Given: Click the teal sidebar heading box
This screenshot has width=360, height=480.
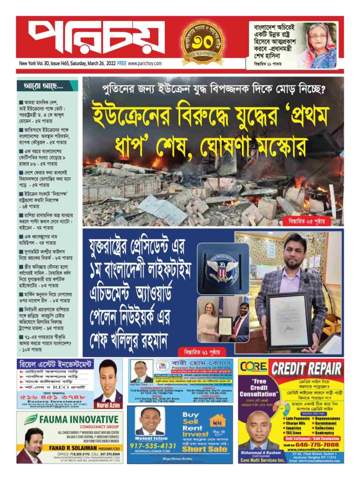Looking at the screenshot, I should tap(47, 86).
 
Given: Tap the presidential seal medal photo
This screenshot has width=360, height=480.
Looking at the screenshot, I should tap(222, 268).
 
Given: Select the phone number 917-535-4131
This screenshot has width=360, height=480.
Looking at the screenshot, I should tap(153, 446).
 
